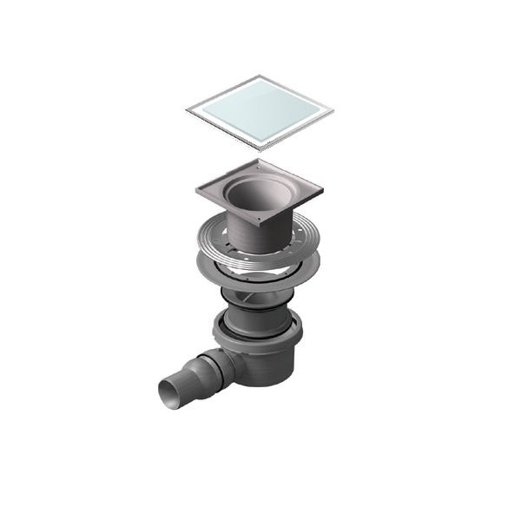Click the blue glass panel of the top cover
(x=260, y=111)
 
